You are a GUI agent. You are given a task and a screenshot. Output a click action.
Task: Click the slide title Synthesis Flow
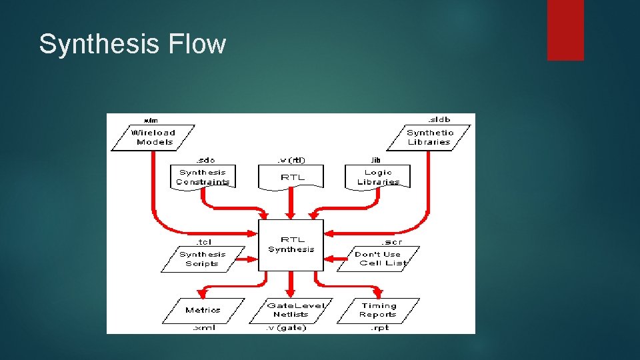point(133,45)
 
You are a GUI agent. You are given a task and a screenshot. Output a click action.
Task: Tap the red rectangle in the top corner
point(565,30)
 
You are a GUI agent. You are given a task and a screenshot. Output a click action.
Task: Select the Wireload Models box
point(155,137)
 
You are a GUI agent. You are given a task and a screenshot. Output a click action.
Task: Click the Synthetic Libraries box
point(429,137)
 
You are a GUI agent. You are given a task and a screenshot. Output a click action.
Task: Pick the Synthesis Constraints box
point(203,177)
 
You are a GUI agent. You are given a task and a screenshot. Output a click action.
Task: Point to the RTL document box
point(291,177)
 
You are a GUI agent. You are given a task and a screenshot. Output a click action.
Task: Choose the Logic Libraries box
point(378,177)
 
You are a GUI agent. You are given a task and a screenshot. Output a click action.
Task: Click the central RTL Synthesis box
point(291,245)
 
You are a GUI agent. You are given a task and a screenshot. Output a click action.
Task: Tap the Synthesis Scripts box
point(202,259)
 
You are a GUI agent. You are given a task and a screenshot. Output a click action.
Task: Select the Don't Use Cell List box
point(379,259)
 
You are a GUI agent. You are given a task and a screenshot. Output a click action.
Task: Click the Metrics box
point(203,310)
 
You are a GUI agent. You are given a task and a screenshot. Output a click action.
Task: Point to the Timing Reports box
point(379,310)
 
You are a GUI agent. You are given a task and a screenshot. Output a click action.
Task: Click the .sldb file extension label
point(439,119)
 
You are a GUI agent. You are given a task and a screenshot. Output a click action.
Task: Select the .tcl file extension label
point(204,241)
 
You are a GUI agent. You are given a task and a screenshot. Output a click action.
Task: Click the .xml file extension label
point(203,327)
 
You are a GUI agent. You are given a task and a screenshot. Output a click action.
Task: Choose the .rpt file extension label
point(379,327)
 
